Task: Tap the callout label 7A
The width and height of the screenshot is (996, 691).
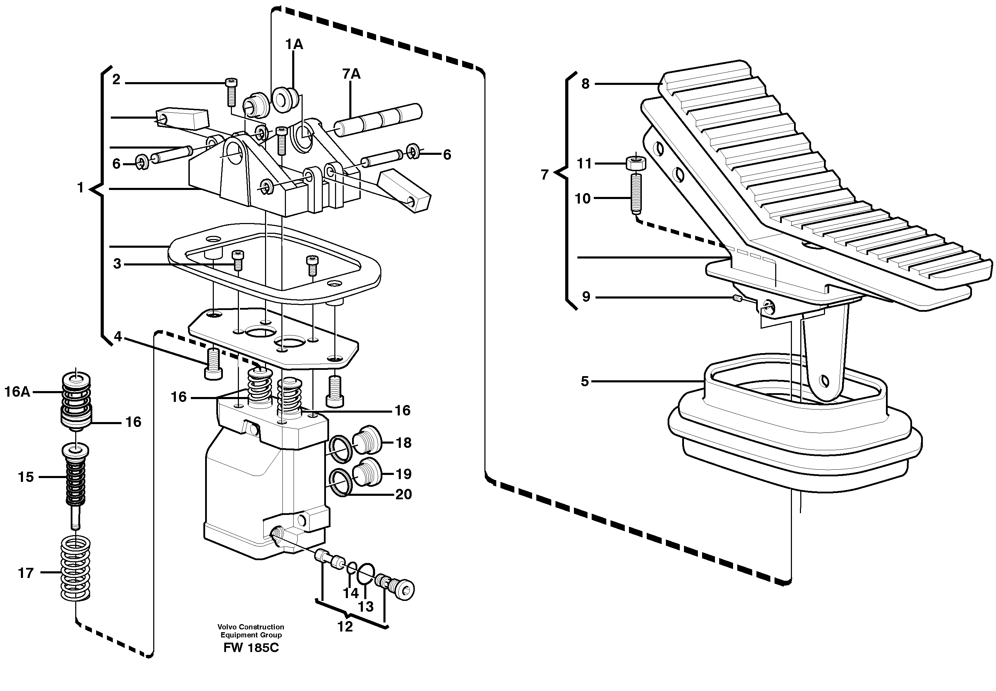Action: coord(351,74)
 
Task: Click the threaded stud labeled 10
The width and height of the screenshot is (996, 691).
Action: coord(635,193)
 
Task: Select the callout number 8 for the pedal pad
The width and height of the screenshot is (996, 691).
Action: coord(585,84)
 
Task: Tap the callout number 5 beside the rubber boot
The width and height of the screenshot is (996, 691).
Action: coord(585,381)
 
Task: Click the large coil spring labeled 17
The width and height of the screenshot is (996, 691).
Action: coord(75,568)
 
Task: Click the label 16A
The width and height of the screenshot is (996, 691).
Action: coord(17,392)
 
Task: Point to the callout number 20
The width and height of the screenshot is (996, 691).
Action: coord(403,494)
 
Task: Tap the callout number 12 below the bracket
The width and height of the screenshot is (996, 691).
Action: coord(345,627)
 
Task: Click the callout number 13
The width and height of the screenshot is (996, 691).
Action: coord(366,606)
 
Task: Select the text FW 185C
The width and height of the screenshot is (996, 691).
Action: coord(251,648)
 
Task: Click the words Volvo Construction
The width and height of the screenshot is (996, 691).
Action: coord(251,627)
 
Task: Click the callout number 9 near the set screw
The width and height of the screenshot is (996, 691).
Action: coord(586,297)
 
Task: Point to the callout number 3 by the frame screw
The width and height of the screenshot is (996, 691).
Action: coord(117,264)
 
